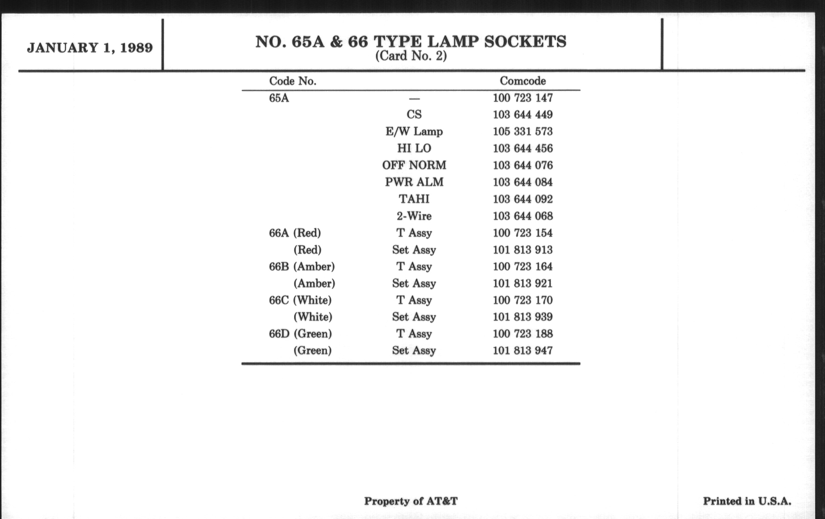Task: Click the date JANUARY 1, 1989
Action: tap(90, 47)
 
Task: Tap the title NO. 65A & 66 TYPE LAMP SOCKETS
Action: tap(411, 42)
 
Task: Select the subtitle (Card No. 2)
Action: tap(411, 56)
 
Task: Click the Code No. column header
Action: tap(293, 81)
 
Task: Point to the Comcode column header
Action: tap(522, 81)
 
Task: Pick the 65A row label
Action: tap(279, 98)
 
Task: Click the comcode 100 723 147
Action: tap(522, 98)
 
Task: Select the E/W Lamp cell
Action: tap(414, 132)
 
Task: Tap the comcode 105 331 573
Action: tap(522, 132)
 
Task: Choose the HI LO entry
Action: tap(414, 148)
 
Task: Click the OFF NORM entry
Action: tap(414, 165)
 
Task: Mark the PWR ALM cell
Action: tap(414, 182)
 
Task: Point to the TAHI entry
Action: tap(414, 199)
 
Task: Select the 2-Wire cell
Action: tap(414, 216)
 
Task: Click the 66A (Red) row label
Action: tap(295, 233)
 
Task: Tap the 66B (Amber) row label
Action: tap(302, 267)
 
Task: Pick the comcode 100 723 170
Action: tap(522, 300)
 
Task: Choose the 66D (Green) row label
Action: tap(300, 334)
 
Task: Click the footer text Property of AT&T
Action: tap(410, 501)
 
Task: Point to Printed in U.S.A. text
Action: tap(747, 501)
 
